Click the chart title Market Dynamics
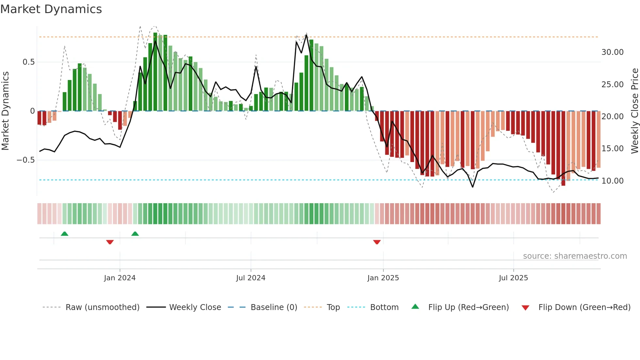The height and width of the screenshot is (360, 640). [51, 9]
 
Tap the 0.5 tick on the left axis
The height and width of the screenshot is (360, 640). [28, 62]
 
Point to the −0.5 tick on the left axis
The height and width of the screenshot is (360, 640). [26, 160]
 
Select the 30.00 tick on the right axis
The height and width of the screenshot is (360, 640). [612, 52]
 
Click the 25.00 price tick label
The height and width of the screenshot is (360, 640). [612, 85]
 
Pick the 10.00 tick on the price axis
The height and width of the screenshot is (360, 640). [612, 181]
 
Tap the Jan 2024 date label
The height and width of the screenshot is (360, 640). [120, 278]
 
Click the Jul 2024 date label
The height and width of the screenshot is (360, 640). [250, 278]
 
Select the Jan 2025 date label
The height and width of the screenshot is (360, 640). [383, 278]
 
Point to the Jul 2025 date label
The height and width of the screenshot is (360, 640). [513, 278]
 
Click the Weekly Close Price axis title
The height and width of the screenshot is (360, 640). [634, 111]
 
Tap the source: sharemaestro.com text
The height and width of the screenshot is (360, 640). [575, 256]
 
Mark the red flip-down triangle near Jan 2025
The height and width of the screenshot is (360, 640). [377, 242]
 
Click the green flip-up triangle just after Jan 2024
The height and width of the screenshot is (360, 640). [135, 234]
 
